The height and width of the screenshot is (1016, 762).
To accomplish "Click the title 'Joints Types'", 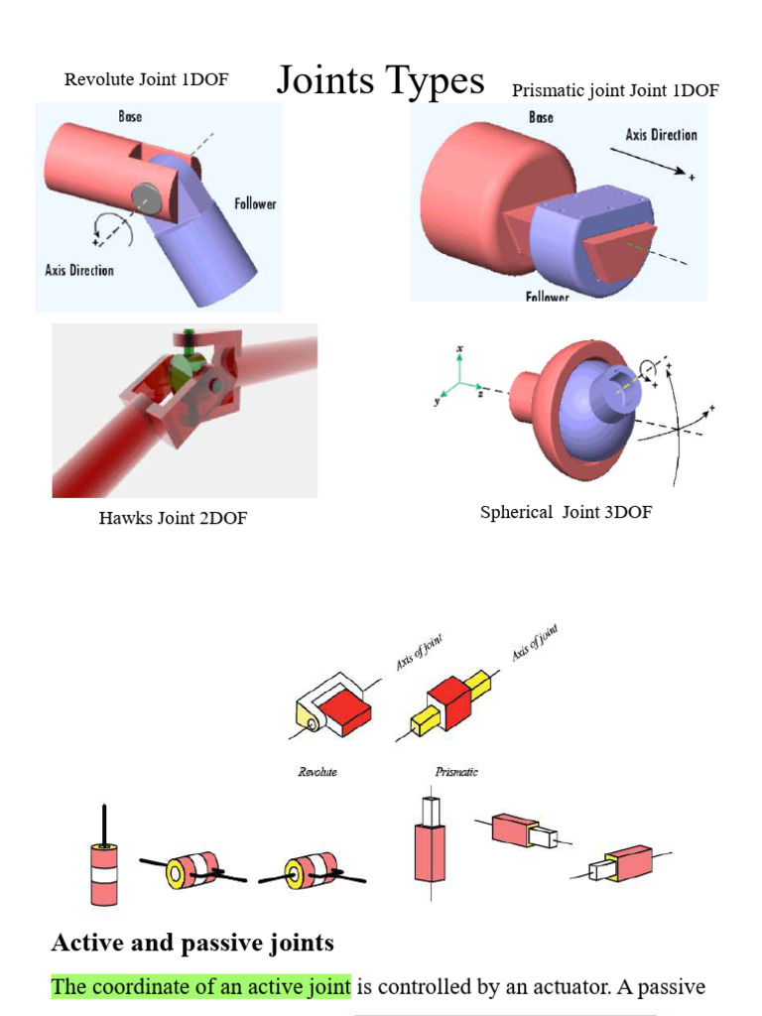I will [380, 80].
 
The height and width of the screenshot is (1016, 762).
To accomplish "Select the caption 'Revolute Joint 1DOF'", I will [146, 79].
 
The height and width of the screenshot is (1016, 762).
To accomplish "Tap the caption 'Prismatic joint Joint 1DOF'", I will [615, 91].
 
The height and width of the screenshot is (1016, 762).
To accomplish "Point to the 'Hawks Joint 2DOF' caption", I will [173, 518].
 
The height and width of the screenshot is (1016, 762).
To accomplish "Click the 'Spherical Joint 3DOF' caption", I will [566, 513].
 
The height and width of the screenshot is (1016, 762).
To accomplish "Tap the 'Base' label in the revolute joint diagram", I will [130, 116].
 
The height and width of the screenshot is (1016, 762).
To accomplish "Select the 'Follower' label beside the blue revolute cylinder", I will [255, 203].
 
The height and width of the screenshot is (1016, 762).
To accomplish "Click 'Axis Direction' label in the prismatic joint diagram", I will [661, 135].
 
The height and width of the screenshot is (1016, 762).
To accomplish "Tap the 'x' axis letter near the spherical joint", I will [459, 349].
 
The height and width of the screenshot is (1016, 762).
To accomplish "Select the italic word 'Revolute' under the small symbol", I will [317, 772].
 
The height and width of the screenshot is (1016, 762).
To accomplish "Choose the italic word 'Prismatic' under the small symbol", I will [456, 772].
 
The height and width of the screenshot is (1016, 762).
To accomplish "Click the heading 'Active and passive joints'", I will [192, 942].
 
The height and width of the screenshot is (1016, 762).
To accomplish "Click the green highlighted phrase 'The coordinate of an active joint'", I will [201, 986].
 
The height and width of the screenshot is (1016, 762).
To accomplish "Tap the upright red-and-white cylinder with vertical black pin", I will [104, 868].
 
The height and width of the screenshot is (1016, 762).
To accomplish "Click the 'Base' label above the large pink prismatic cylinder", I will [541, 117].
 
